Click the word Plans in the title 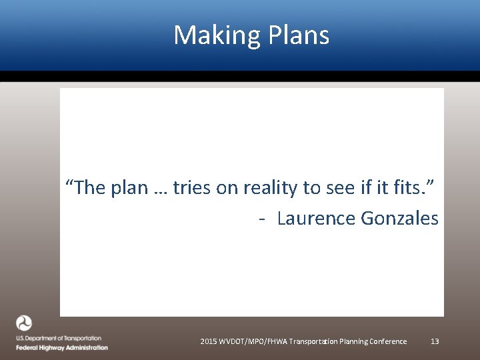pyautogui.click(x=299, y=35)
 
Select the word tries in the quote pyautogui.click(x=192, y=189)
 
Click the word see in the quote pyautogui.click(x=339, y=189)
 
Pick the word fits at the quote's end pyautogui.click(x=408, y=189)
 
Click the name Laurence pyautogui.click(x=316, y=218)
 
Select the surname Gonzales pyautogui.click(x=399, y=218)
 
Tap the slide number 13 pyautogui.click(x=435, y=341)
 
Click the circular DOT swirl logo pyautogui.click(x=24, y=323)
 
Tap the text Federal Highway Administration pyautogui.click(x=62, y=347)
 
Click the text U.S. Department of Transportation pyautogui.click(x=59, y=339)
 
